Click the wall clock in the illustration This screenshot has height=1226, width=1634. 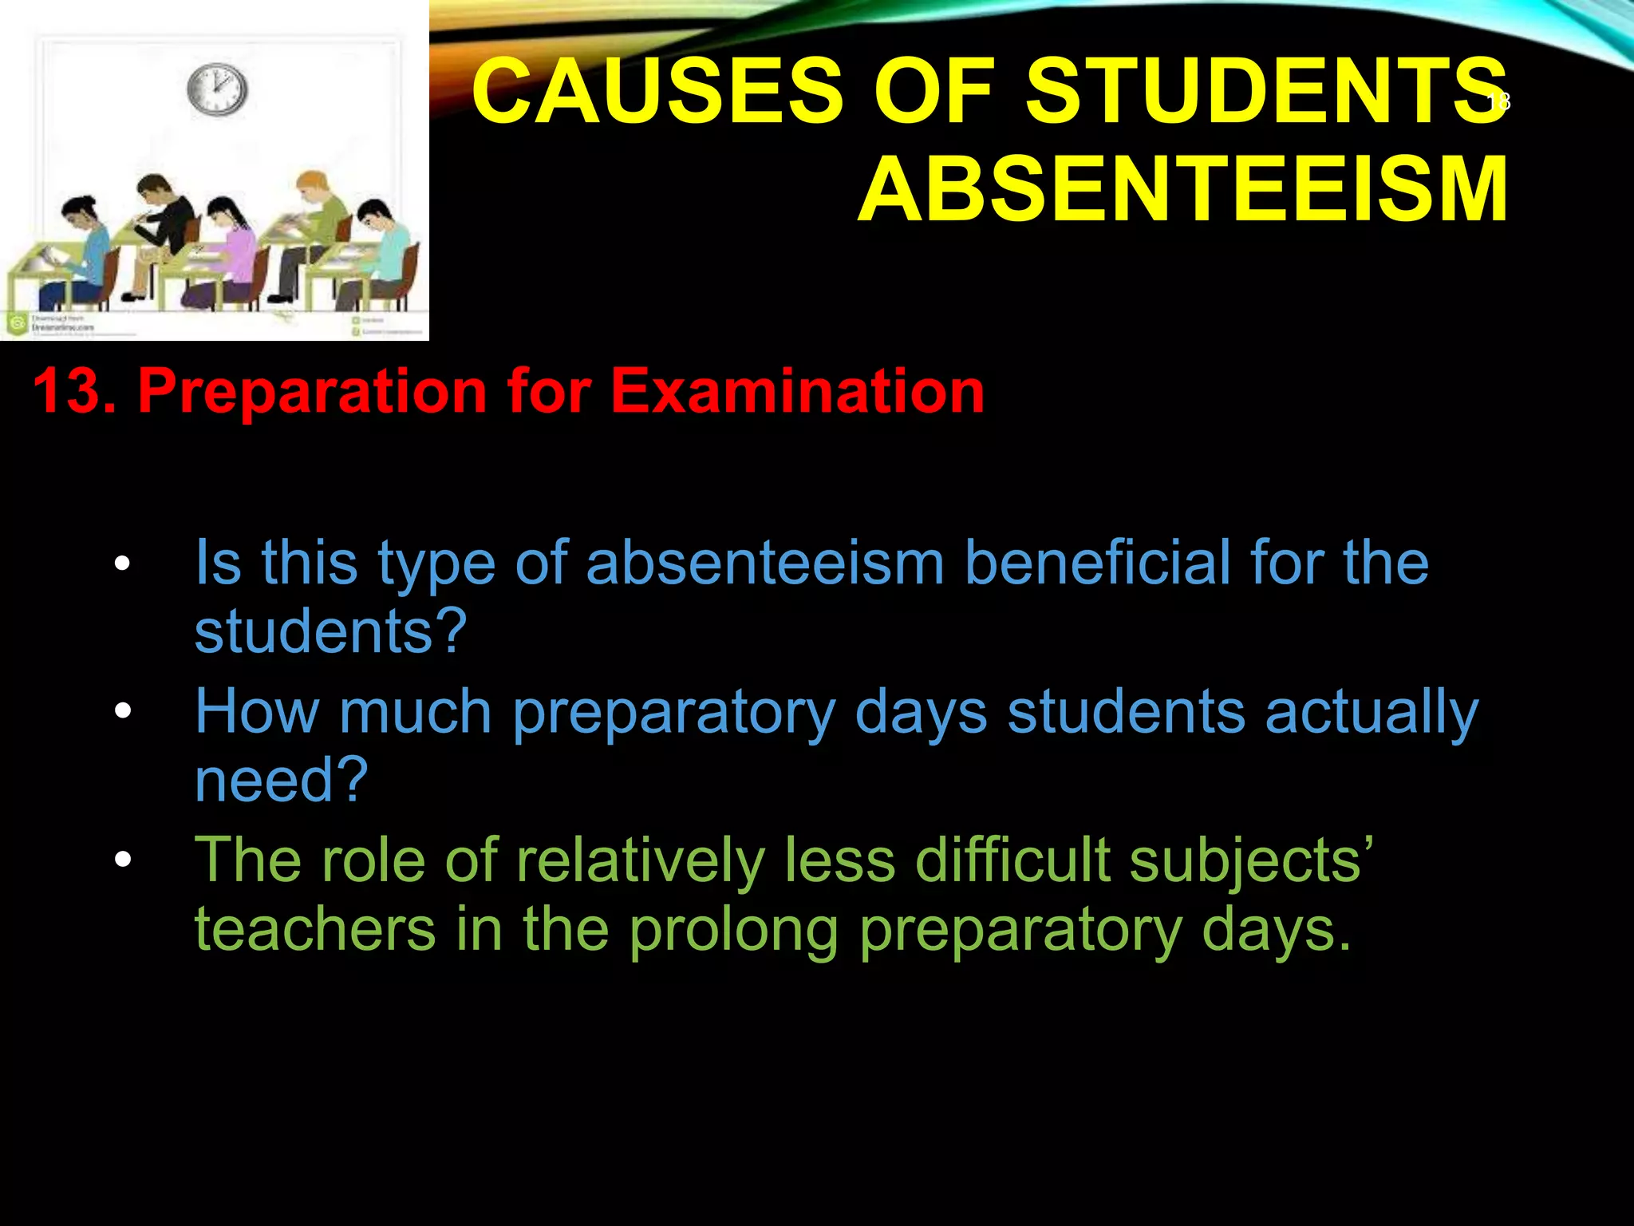(217, 89)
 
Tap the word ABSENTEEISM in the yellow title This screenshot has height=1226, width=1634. (1183, 190)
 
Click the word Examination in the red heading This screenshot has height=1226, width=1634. (797, 391)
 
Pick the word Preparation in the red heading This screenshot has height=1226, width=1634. (311, 391)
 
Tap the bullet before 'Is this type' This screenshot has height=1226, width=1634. (121, 564)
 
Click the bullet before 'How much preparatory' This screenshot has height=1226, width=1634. (121, 710)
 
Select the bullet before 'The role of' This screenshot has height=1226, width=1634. (121, 860)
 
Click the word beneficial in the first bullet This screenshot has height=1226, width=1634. (1097, 562)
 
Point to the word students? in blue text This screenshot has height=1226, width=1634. (330, 631)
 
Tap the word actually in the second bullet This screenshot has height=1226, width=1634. (1372, 712)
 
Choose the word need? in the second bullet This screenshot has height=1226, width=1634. (281, 780)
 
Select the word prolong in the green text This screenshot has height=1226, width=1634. (733, 931)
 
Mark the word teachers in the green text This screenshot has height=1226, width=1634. (315, 929)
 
